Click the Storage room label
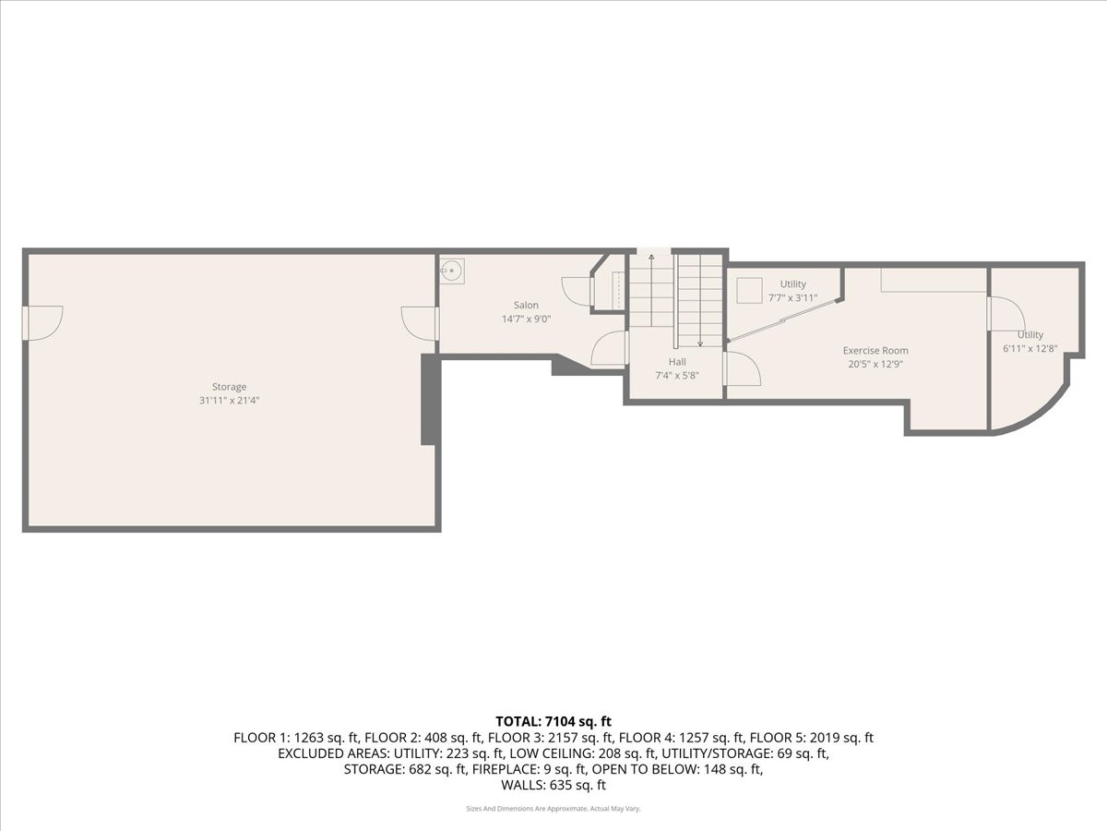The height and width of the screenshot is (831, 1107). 229,387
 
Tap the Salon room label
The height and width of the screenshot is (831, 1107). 526,305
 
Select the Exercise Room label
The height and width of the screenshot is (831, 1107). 875,350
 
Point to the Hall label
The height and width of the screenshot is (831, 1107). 677,362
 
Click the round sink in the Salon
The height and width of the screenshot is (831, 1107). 452,271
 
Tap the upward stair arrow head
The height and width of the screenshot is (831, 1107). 651,258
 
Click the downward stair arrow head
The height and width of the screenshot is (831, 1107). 700,343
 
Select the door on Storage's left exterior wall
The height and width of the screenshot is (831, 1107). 42,323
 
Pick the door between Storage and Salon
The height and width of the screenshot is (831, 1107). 420,324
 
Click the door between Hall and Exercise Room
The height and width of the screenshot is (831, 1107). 742,368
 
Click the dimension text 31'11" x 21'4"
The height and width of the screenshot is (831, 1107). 229,401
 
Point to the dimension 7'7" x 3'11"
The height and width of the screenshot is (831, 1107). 792,298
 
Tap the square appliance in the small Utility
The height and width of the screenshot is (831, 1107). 749,291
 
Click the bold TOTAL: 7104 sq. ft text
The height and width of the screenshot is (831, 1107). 553,721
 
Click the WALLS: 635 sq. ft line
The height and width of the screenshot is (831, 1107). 553,785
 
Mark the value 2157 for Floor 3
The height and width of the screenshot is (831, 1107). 561,738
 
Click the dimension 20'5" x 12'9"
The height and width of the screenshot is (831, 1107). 875,364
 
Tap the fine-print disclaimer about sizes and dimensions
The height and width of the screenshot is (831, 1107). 553,809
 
